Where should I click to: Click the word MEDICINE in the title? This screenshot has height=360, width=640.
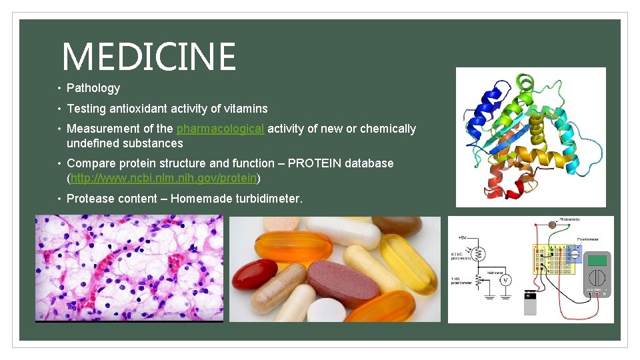click(149, 57)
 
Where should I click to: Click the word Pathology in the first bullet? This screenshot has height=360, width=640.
click(93, 88)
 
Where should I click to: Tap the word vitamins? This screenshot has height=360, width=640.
click(244, 109)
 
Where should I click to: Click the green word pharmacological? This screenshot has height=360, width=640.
click(220, 129)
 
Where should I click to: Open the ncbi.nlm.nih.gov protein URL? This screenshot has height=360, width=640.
click(163, 178)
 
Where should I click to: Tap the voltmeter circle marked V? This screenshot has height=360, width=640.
click(505, 280)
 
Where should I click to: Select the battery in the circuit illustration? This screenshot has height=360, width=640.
click(531, 304)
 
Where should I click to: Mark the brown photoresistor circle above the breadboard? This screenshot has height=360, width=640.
click(551, 225)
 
